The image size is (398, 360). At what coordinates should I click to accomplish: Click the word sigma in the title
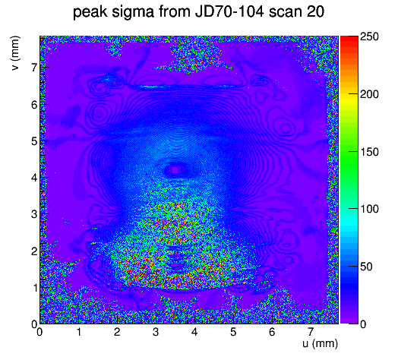133,12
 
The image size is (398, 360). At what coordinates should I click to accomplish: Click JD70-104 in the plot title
229,11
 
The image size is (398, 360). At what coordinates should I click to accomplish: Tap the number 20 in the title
315,11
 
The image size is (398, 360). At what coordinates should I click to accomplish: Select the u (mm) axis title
320,343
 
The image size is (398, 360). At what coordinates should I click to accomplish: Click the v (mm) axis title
15,53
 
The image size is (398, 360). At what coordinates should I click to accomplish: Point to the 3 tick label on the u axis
156,332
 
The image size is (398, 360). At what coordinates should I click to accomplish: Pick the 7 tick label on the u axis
311,332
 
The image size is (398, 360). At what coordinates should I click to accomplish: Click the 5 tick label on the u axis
233,332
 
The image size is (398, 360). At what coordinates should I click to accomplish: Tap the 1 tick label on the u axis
78,332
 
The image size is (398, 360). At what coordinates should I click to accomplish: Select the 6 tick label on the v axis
34,104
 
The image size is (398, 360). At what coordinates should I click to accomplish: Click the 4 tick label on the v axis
34,178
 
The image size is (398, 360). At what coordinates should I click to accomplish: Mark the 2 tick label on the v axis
34,251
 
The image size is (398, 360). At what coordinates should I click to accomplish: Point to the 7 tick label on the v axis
34,68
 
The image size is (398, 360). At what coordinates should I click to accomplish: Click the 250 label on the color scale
369,36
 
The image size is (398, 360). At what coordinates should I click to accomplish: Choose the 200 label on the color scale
369,94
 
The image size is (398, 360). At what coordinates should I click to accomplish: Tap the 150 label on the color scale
369,152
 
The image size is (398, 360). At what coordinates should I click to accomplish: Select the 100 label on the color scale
369,209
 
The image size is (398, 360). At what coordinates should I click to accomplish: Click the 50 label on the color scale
366,267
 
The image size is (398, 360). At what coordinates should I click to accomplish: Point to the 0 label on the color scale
363,324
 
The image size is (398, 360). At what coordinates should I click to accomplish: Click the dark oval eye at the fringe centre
175,169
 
